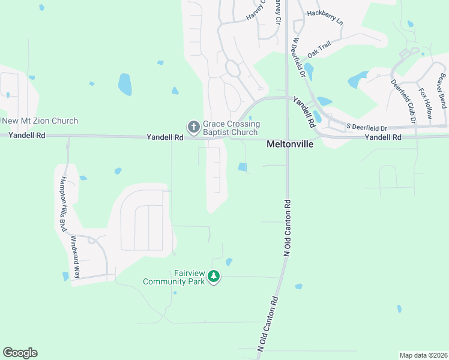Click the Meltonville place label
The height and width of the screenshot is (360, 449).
[290, 145]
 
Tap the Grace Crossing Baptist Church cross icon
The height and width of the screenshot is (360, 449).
[193, 127]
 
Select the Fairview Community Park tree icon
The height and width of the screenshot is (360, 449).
[214, 277]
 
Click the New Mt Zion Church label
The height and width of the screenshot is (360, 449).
[40, 121]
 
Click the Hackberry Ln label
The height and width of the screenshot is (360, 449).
[325, 16]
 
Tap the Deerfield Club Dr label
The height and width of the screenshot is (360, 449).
[403, 101]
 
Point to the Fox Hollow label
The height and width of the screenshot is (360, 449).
[426, 103]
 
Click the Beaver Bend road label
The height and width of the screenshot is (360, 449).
[442, 90]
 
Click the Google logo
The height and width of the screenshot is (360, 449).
[20, 353]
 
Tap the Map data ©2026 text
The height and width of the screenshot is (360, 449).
[423, 355]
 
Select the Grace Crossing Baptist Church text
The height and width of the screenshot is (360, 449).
[231, 128]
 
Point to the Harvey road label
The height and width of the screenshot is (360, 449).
[255, 11]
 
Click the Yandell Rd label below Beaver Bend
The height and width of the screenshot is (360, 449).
[383, 137]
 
